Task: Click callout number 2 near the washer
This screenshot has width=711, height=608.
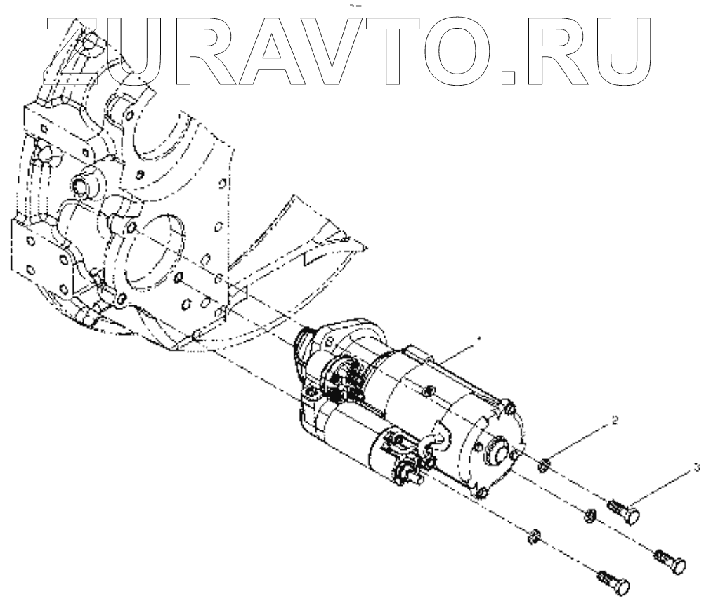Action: [615, 421]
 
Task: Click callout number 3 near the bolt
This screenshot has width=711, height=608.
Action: [696, 466]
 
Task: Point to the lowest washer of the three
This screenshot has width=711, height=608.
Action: [533, 538]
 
